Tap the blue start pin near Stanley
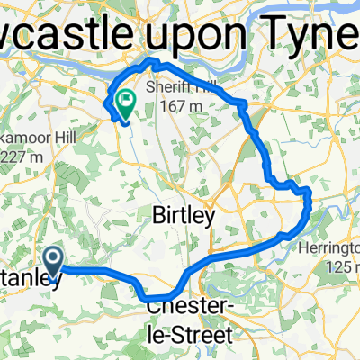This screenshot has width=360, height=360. pos(54,263)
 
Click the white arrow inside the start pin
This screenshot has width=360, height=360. pos(54,260)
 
